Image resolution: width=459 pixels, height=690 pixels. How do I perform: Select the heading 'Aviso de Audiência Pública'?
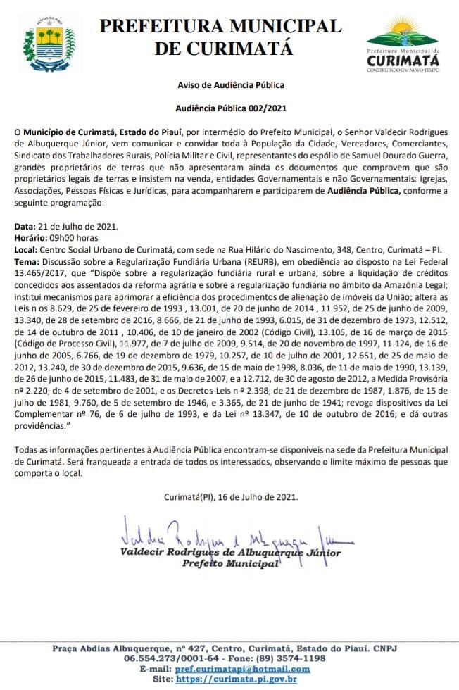coord(230,85)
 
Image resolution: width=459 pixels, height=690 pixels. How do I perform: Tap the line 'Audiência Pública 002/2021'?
coord(230,108)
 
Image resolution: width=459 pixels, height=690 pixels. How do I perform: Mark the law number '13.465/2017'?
coord(38,272)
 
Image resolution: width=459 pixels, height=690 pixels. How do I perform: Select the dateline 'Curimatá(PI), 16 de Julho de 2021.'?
coord(230,496)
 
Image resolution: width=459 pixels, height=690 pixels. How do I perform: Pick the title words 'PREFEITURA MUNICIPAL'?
coord(220,26)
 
